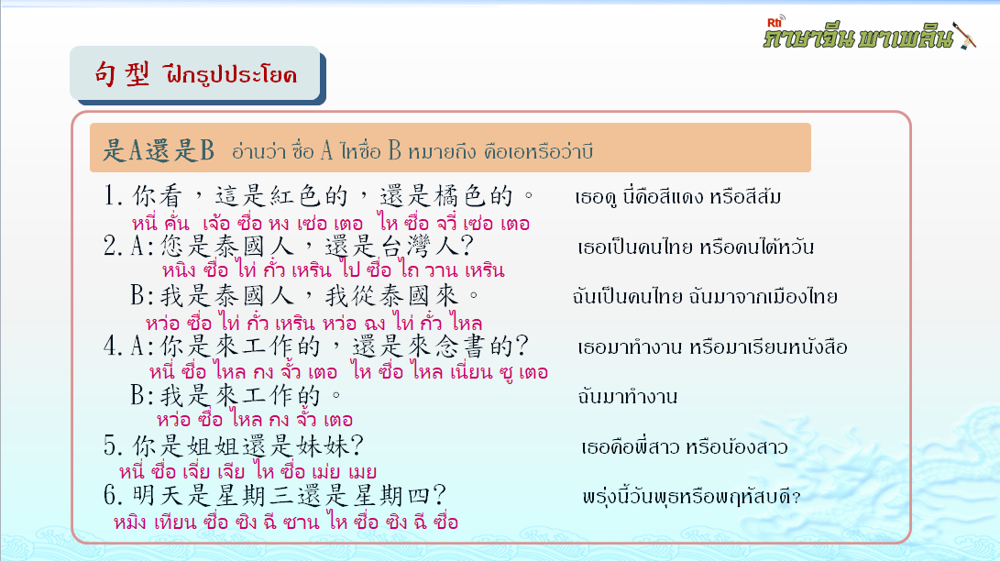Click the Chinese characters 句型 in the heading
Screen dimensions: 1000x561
tap(122, 74)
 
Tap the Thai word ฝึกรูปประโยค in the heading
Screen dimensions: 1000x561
tap(230, 74)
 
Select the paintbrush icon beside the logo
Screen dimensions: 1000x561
tap(965, 35)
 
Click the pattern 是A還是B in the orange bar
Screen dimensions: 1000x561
tap(159, 150)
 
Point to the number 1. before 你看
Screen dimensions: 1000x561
tap(113, 196)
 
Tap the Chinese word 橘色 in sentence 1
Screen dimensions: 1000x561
tap(460, 196)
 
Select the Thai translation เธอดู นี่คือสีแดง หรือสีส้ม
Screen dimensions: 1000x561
tap(678, 196)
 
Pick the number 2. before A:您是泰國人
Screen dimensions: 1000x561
tap(113, 246)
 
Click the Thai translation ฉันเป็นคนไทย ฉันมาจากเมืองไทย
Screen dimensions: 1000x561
tap(705, 296)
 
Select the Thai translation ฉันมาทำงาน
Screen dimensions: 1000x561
tap(628, 396)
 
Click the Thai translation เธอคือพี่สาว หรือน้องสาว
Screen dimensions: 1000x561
tap(685, 446)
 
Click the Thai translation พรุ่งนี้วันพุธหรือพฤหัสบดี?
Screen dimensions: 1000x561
tap(691, 497)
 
